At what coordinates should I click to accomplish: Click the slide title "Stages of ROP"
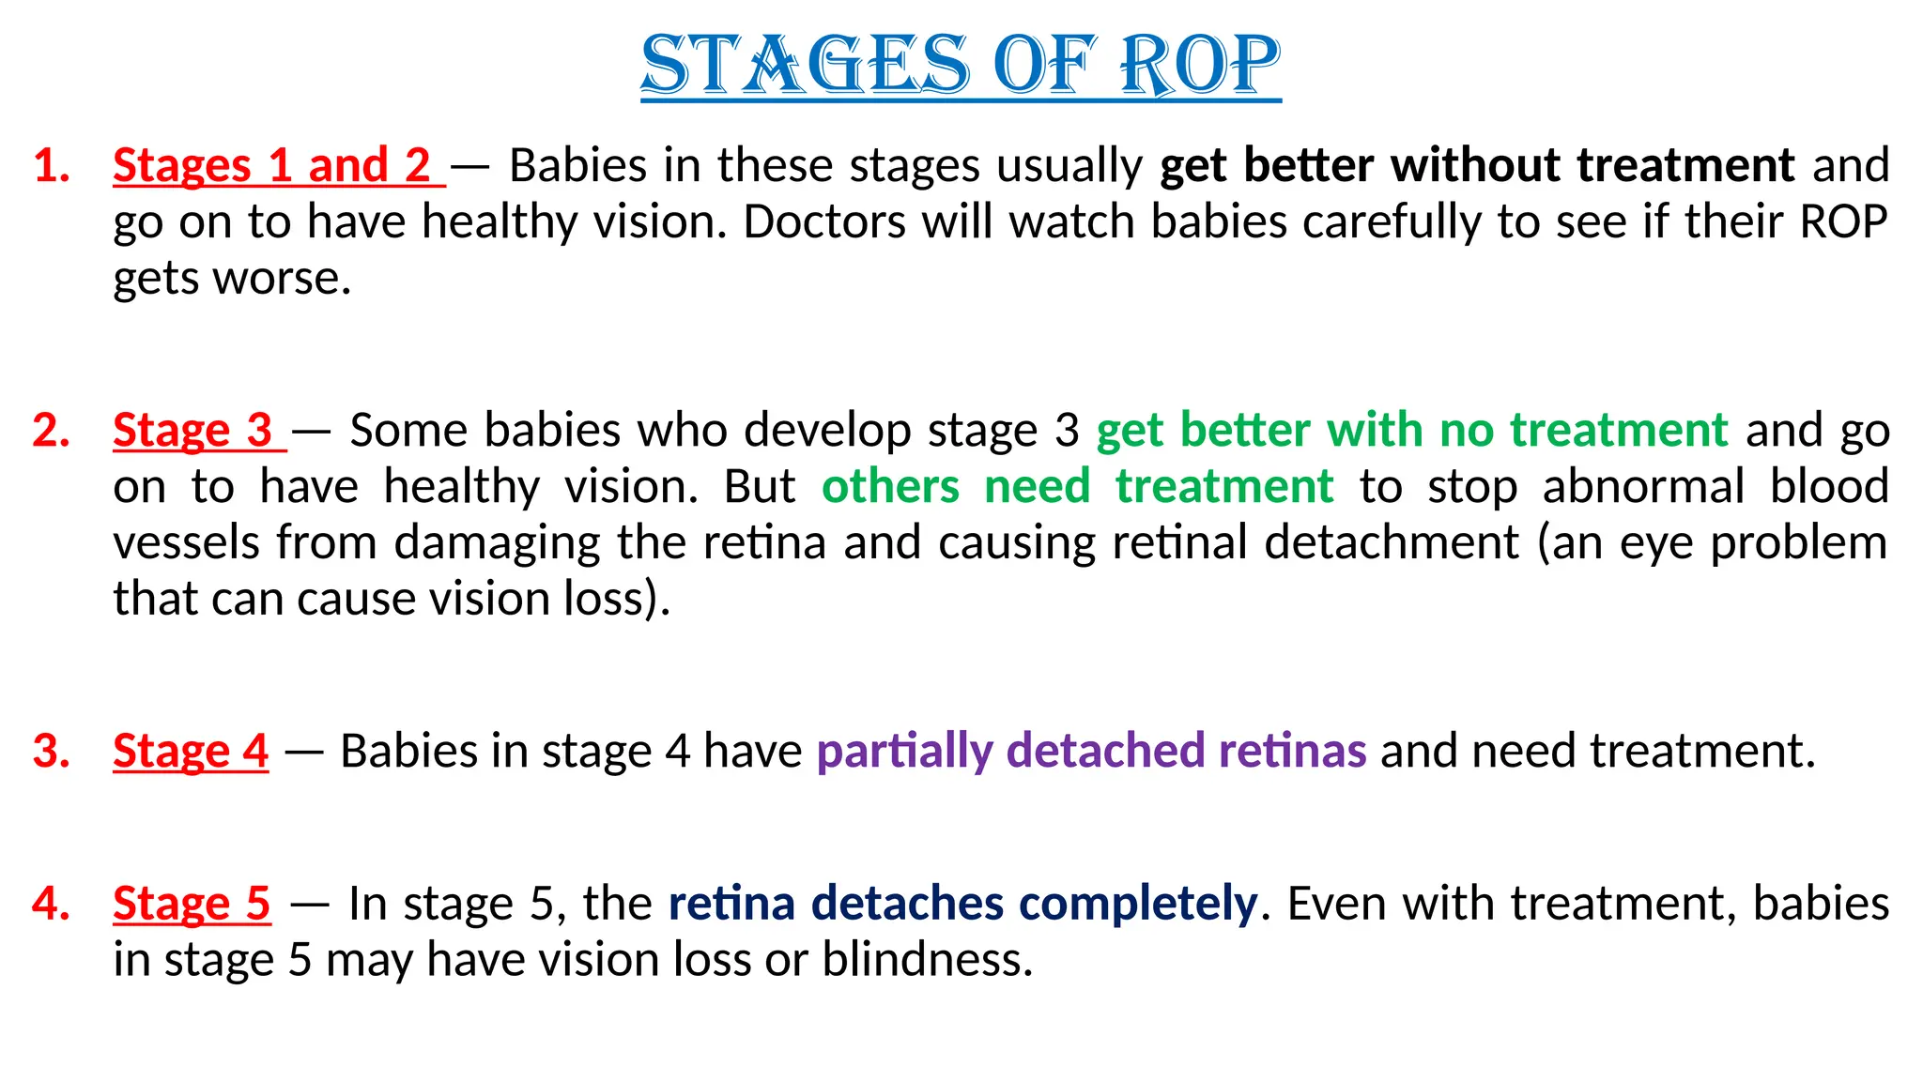[x=961, y=65]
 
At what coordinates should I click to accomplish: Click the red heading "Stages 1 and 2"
[x=271, y=165]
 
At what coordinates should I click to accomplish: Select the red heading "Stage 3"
[x=192, y=431]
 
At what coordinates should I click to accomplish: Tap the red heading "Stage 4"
[x=191, y=751]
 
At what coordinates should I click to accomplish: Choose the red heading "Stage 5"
[x=192, y=904]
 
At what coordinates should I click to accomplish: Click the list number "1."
[x=53, y=165]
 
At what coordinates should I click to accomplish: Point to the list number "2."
[x=52, y=431]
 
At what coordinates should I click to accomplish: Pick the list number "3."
[x=52, y=751]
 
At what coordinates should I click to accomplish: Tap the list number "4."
[x=52, y=904]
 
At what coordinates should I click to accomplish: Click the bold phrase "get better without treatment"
[x=1477, y=165]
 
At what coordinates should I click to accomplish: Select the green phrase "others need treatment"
[x=1077, y=487]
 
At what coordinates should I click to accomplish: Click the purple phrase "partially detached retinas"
[x=1091, y=751]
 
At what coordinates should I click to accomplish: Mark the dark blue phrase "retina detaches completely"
[x=962, y=904]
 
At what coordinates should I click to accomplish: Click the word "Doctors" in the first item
[x=823, y=222]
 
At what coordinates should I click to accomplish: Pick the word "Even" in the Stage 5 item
[x=1325, y=904]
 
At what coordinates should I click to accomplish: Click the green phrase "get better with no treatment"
[x=1412, y=431]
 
